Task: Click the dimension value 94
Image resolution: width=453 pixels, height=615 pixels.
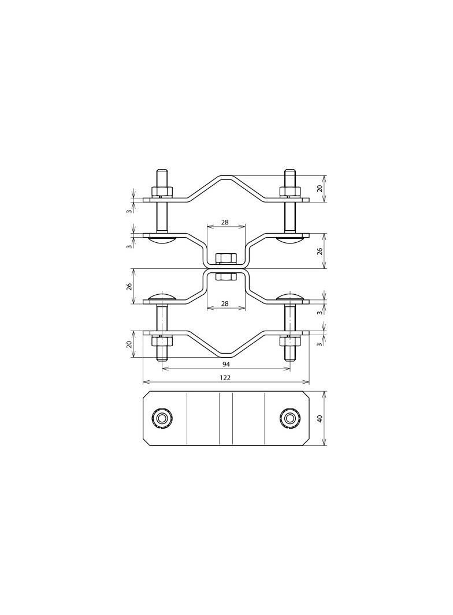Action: (226, 365)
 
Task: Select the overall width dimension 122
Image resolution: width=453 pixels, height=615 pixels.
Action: (226, 378)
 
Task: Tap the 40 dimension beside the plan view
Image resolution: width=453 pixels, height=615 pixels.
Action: (320, 418)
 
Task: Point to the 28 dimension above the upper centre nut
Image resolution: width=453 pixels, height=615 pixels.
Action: (225, 222)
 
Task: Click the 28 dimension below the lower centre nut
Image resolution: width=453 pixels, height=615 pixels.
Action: (225, 303)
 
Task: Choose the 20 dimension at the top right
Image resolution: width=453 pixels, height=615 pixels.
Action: (320, 189)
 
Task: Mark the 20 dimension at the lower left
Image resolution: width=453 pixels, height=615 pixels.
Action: (128, 344)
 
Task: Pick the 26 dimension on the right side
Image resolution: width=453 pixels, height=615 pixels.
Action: (320, 251)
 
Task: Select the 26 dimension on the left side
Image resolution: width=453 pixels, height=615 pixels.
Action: (128, 286)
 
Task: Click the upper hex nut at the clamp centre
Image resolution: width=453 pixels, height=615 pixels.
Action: (226, 258)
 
